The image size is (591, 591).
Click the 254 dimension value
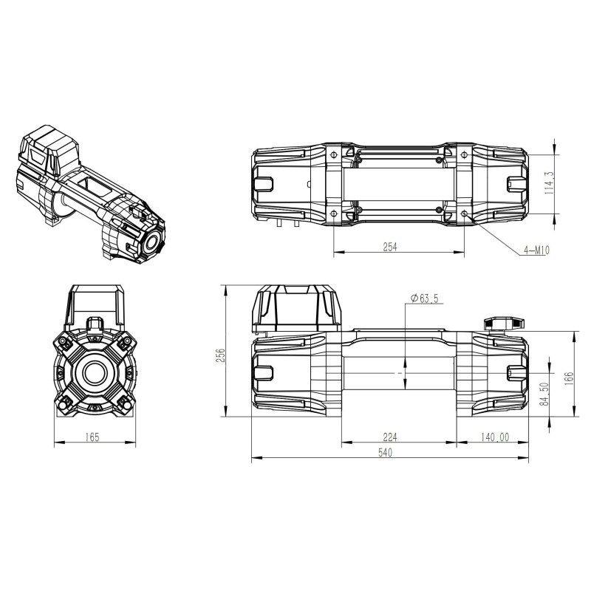pyautogui.click(x=390, y=247)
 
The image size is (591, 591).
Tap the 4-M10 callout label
pyautogui.click(x=536, y=251)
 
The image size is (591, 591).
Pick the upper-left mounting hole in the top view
pyautogui.click(x=335, y=154)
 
